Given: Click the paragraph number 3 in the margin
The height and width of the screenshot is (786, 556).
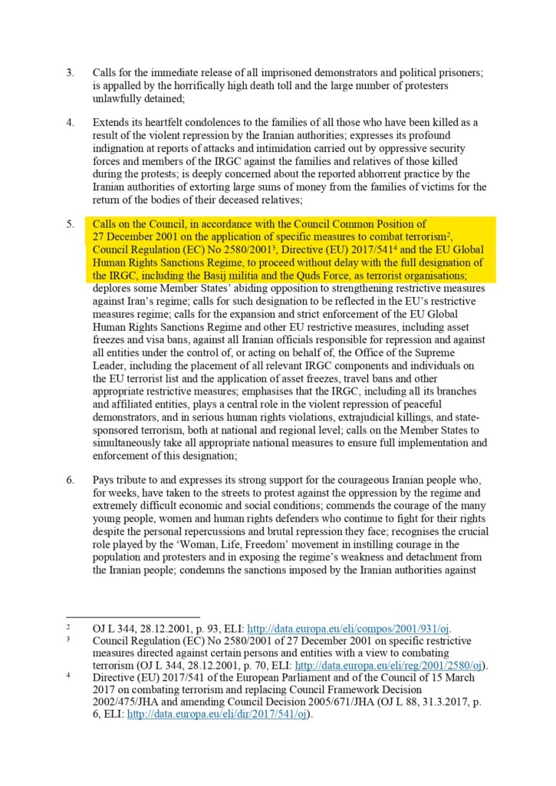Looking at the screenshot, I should pos(70,72).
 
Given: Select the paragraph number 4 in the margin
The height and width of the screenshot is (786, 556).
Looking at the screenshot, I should pos(70,122).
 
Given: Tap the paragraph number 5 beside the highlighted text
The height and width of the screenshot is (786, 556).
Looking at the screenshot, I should pos(70,224).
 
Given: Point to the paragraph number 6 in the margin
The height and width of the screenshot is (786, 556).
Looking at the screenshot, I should pos(70,481).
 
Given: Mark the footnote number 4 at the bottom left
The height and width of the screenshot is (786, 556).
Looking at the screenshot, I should pos(68,676).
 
